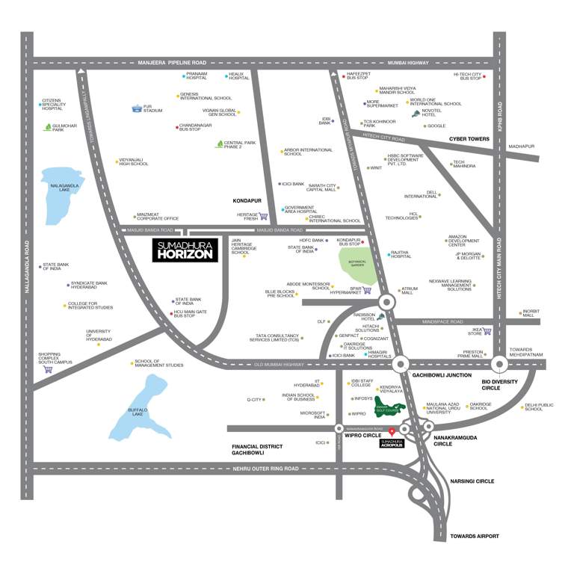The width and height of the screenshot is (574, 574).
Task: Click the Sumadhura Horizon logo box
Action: [185, 250]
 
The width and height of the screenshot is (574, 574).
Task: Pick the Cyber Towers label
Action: [469, 139]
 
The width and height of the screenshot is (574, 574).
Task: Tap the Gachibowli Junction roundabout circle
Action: [401, 364]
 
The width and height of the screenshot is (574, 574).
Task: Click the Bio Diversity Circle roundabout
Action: [499, 364]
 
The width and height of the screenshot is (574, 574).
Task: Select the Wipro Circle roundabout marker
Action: [339, 429]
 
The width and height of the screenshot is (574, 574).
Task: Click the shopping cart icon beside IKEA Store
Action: [487, 331]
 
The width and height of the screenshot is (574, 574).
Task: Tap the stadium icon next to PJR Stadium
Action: [137, 108]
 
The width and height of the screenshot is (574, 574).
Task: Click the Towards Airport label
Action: [474, 536]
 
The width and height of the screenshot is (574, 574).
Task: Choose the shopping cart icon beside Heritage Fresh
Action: [263, 216]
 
